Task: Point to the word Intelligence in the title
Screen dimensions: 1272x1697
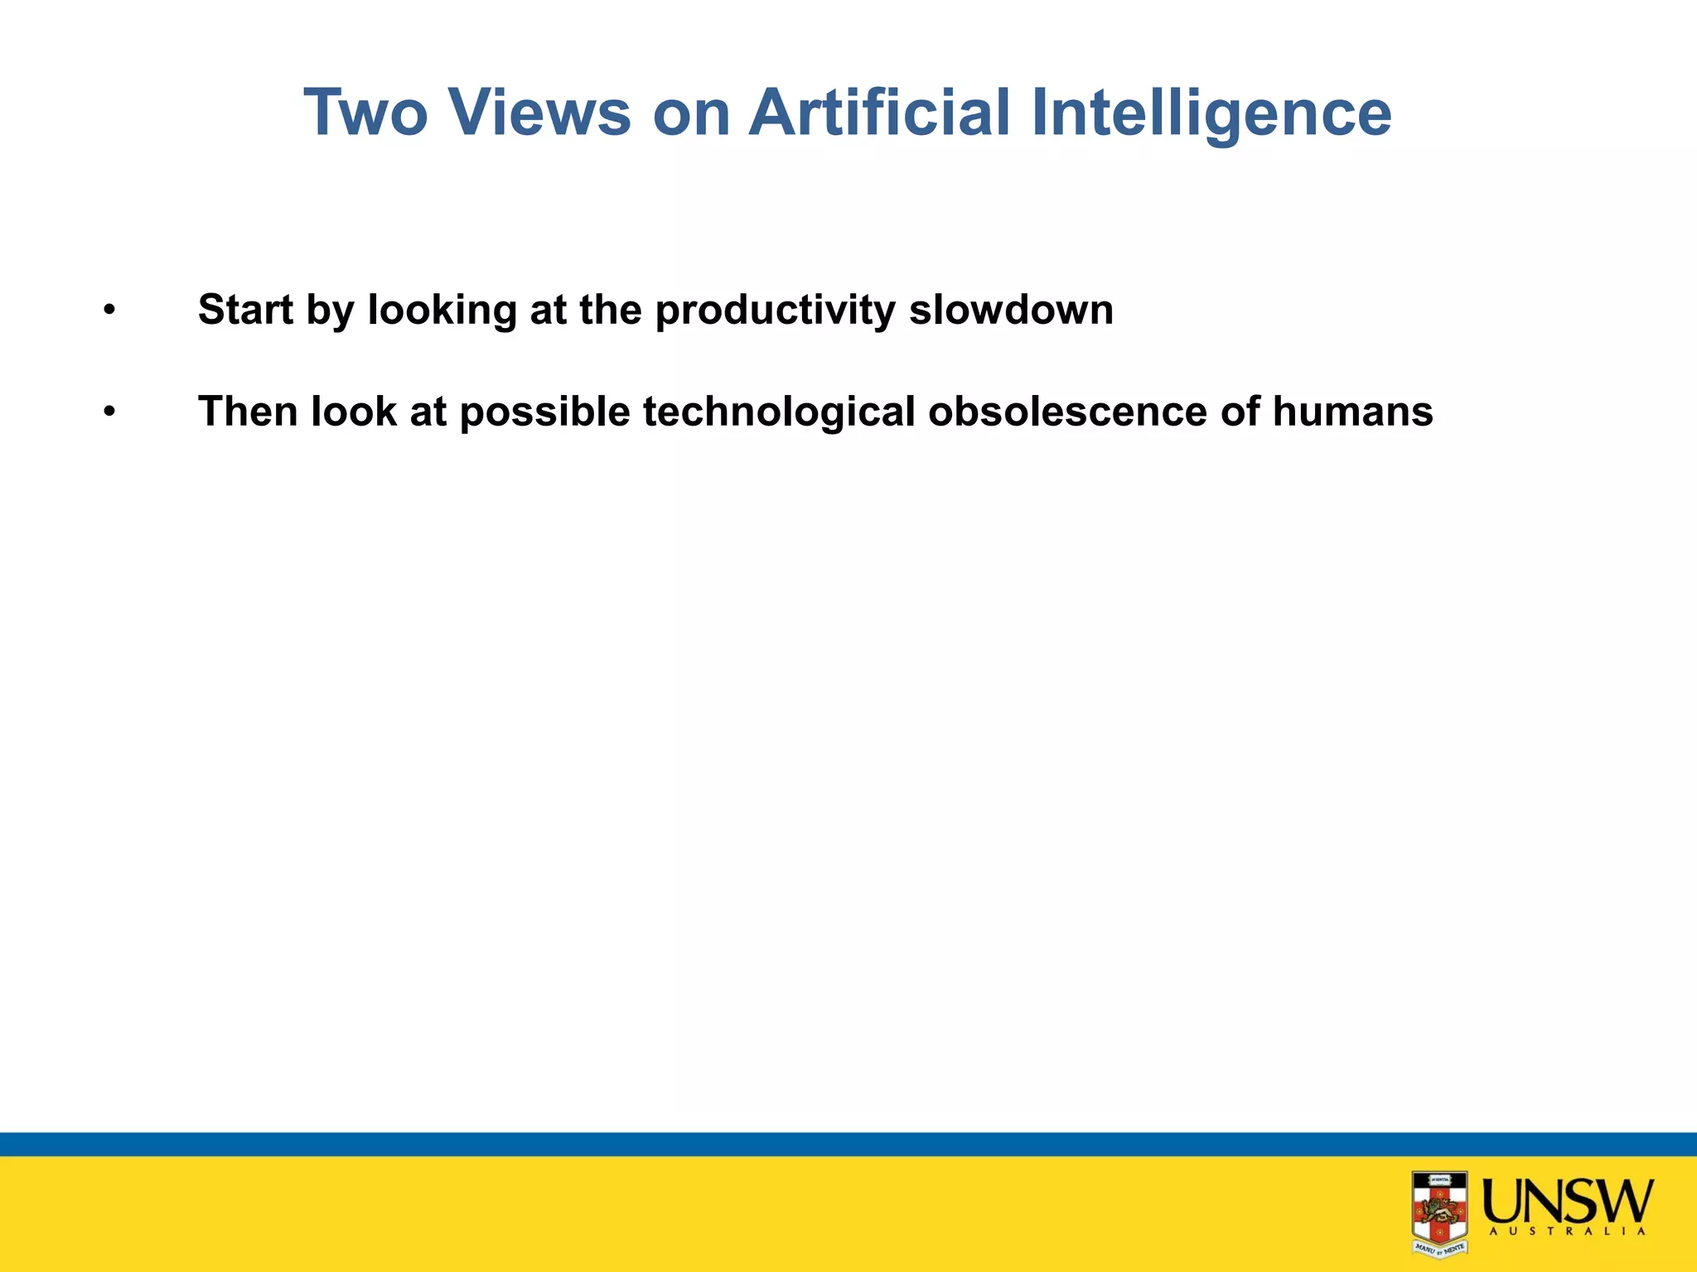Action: coord(1211,113)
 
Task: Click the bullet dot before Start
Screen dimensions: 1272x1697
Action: coord(109,311)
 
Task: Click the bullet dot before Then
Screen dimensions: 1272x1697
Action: coord(109,412)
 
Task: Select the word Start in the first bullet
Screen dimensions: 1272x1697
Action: coord(245,310)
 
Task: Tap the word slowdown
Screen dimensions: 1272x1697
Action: coord(1011,310)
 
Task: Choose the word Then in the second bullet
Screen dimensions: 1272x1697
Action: coord(248,412)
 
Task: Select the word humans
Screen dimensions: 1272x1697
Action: coord(1352,412)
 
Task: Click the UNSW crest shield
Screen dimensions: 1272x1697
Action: coord(1439,1212)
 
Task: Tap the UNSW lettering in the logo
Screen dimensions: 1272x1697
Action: coord(1567,1201)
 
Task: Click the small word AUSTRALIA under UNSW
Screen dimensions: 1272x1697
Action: coord(1567,1232)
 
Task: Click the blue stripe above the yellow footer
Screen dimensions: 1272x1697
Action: coord(848,1144)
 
